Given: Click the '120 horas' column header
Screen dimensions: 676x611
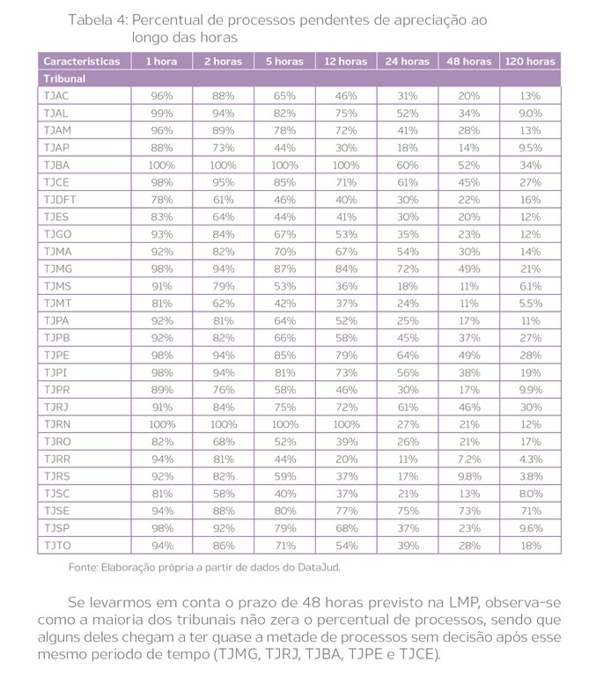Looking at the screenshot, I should click(x=530, y=62).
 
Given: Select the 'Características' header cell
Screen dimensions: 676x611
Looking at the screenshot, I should click(x=81, y=62).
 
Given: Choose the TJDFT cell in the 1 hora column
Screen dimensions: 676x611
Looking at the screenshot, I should click(x=161, y=199).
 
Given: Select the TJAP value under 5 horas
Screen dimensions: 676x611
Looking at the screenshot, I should click(x=284, y=148).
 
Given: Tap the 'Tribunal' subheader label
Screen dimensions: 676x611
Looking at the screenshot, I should click(x=63, y=78).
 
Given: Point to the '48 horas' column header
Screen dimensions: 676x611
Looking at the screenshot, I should click(x=469, y=62).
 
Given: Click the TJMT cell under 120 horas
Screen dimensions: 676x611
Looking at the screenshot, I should click(x=530, y=302).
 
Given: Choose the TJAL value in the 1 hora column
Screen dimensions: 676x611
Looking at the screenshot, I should click(x=161, y=114).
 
